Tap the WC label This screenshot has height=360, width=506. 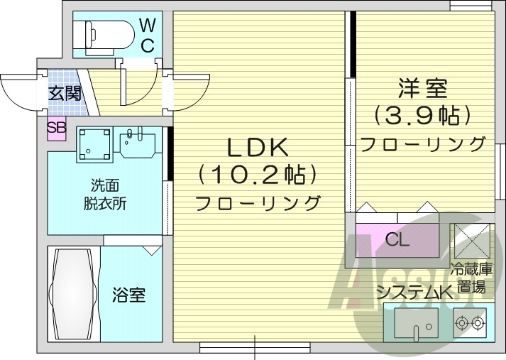tap(147, 36)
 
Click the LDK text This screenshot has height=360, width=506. tap(256, 148)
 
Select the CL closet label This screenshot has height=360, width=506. tap(397, 239)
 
